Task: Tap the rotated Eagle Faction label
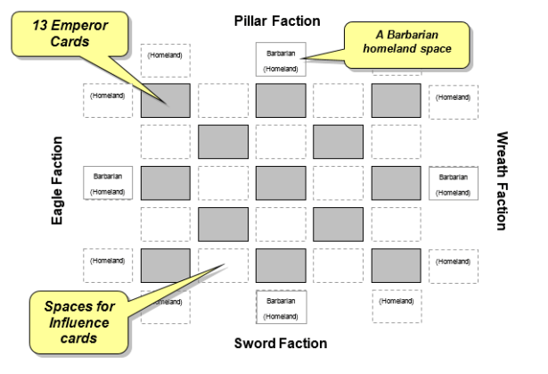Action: coord(58,179)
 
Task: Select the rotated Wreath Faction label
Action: coord(501,179)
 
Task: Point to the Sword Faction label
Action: coord(280,343)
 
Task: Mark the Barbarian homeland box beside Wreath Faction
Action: coord(454,183)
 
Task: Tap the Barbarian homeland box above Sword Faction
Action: coord(281,307)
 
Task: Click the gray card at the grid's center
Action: coord(281,183)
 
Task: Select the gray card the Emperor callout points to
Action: coord(165,101)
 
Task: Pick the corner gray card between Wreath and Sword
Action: coord(396,264)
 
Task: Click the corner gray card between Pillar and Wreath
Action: coord(396,101)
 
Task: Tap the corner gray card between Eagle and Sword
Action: coord(165,264)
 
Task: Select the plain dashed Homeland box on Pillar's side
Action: coord(165,57)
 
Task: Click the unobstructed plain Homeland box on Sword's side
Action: coord(396,305)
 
